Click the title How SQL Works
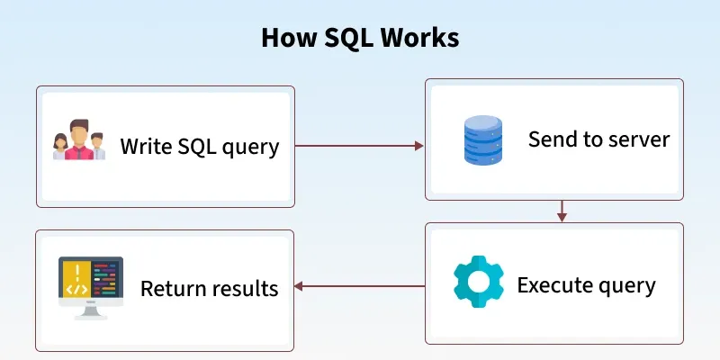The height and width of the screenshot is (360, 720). coord(360,38)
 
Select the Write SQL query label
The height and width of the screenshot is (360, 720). coord(199,146)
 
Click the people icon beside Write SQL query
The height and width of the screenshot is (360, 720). coord(79,141)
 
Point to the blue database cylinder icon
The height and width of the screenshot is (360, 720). coord(483,139)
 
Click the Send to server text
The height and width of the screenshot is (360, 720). coord(598,139)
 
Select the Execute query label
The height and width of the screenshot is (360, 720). coord(586,286)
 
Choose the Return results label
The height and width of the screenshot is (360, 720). coord(209,289)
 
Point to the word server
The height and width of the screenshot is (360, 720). coord(639,140)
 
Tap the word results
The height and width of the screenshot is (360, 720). coord(245,289)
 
